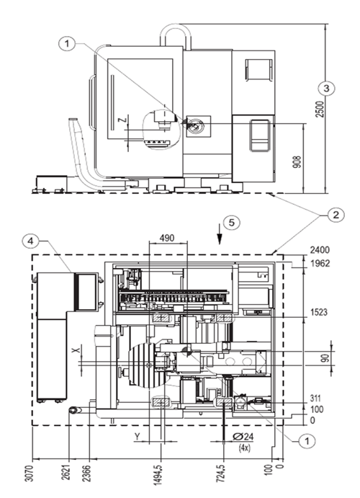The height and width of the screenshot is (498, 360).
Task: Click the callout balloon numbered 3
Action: click(327, 89)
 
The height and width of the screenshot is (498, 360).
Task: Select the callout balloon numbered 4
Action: click(30, 241)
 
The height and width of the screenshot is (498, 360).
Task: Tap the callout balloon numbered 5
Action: click(232, 222)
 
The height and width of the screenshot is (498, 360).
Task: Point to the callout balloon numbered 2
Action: click(336, 215)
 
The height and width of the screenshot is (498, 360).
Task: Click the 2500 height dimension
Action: click(320, 109)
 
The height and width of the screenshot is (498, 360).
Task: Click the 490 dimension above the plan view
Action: click(167, 238)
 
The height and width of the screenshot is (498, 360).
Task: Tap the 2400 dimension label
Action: click(320, 250)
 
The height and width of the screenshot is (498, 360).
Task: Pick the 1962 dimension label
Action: click(320, 264)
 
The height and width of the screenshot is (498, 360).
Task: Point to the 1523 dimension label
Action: click(319, 312)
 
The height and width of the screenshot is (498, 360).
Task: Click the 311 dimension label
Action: click(315, 399)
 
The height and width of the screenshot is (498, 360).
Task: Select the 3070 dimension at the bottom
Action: click(29, 473)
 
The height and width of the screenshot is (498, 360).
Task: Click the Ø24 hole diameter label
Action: click(243, 437)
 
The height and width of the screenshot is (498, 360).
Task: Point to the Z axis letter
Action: click(123, 120)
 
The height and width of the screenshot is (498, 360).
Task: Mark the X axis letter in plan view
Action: click(75, 350)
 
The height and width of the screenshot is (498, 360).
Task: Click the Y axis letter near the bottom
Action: click(137, 437)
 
